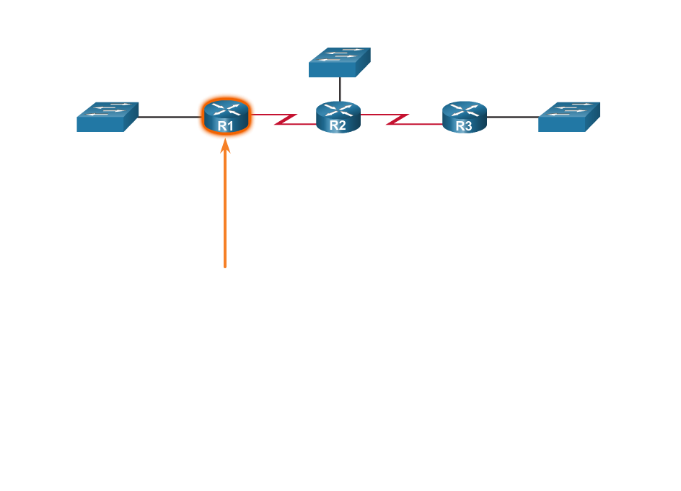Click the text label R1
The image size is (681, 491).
click(x=226, y=126)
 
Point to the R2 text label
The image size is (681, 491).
click(x=338, y=125)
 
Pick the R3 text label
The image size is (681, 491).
click(x=464, y=126)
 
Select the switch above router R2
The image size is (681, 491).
click(x=339, y=63)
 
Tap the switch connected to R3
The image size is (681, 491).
click(x=568, y=117)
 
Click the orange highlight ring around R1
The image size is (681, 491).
click(x=201, y=115)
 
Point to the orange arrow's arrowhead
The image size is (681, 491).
click(x=225, y=146)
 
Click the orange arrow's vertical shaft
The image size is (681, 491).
click(x=225, y=209)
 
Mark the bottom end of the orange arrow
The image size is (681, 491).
click(x=225, y=267)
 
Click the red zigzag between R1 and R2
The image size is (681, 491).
click(x=286, y=119)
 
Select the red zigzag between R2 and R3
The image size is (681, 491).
click(x=397, y=119)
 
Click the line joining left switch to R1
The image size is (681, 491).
click(x=167, y=117)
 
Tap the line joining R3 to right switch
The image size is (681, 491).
click(x=512, y=117)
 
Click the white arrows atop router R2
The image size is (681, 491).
click(x=338, y=110)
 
